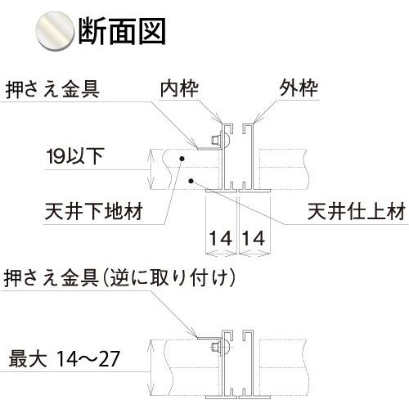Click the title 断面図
pos(122,31)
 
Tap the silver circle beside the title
pos(56,31)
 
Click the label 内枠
pos(179,88)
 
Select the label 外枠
pos(299,88)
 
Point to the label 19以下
pos(75,156)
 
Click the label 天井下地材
pos(93,211)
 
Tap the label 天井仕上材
pos(357,211)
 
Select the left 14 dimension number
pos(221,238)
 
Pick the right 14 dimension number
pos(254,238)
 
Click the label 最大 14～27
pos(64,359)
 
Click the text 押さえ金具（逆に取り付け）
pos(119,278)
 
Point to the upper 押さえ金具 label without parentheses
pos(52,89)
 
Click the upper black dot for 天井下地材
pos(182,158)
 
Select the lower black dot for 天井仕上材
pos(191,180)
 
